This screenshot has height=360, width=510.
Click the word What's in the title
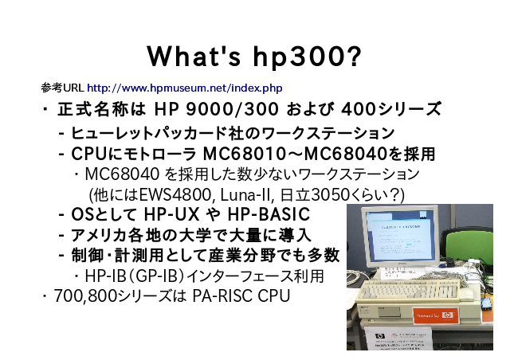point(194,57)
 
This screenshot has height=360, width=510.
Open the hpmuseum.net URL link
point(185,88)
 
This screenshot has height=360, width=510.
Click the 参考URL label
point(63,88)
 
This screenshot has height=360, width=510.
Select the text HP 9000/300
point(216,109)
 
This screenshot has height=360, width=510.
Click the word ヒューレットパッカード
point(148,133)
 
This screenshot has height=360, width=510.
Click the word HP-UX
point(171,214)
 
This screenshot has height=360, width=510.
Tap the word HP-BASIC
point(269,214)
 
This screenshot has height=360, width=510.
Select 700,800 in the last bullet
point(85,296)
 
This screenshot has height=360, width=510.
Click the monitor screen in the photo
point(400,235)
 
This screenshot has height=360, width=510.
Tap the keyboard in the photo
point(410,290)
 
